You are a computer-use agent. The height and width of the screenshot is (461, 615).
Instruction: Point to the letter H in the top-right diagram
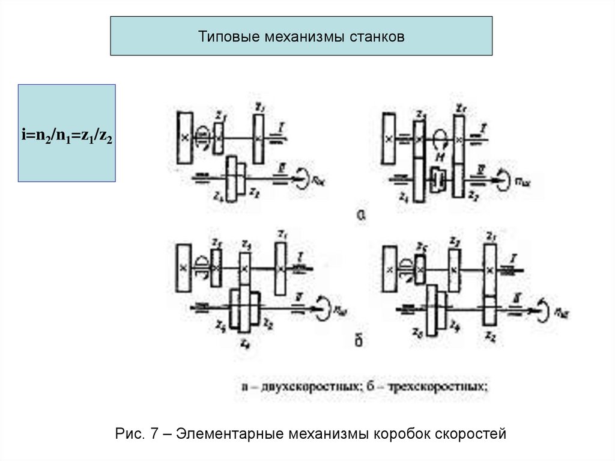[x=440, y=156]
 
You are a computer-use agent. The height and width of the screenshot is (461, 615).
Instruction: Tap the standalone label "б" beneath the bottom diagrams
[x=359, y=341]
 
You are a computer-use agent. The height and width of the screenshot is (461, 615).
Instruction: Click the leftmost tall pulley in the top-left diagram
[x=185, y=138]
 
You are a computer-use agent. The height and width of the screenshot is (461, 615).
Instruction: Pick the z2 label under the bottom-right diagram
[x=491, y=334]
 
